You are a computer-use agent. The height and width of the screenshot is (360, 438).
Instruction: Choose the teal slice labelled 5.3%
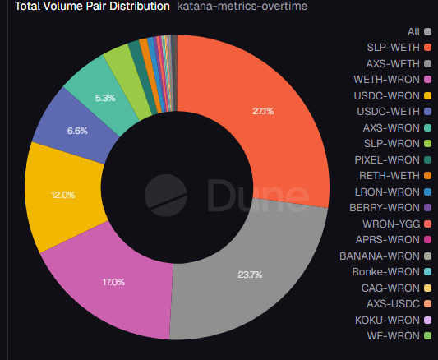pos(104,96)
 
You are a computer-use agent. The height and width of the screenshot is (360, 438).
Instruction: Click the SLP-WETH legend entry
pos(393,48)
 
